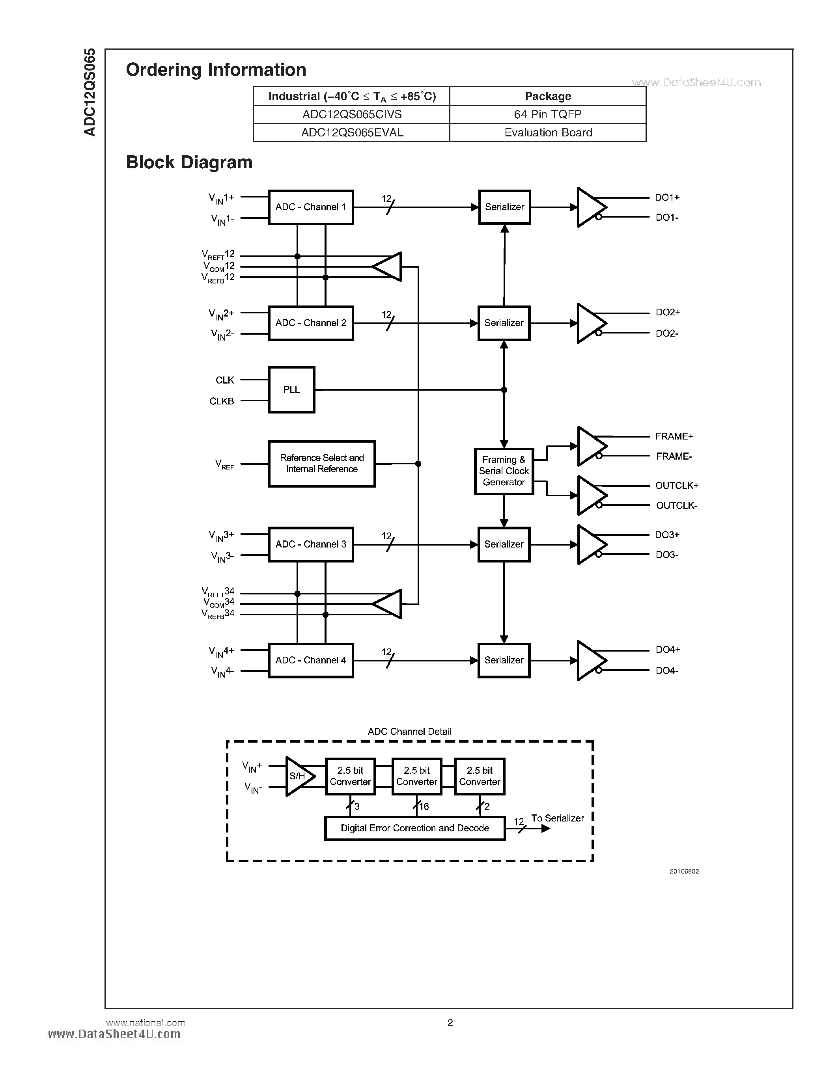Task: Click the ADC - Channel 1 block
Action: point(311,207)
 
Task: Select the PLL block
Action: point(291,389)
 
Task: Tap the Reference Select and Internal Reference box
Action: point(322,464)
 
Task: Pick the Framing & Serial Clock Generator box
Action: point(504,471)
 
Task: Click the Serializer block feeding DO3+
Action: point(504,544)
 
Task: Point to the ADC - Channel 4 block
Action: point(311,660)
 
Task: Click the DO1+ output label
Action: point(667,197)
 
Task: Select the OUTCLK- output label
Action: point(677,505)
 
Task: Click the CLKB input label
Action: point(221,401)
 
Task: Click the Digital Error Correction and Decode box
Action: point(414,828)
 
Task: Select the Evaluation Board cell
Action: point(548,132)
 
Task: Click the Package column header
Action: point(548,96)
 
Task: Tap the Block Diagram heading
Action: point(189,162)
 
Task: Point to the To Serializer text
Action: point(558,818)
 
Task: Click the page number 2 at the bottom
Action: point(450,1023)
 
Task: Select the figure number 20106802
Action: point(684,871)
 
